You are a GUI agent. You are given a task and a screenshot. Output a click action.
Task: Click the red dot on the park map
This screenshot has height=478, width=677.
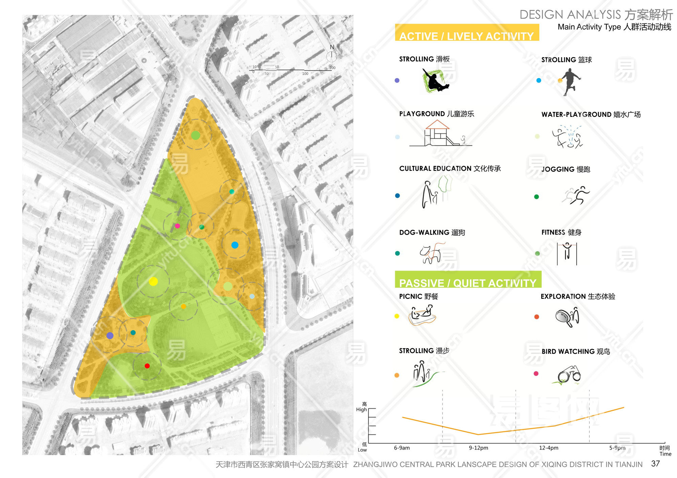click(147, 366)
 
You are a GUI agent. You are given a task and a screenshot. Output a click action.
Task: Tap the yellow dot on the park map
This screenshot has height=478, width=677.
click(153, 281)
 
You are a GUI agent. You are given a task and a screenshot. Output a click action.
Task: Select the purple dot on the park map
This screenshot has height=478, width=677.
click(110, 336)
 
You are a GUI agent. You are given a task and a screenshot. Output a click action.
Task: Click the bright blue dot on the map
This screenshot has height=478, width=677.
click(235, 245)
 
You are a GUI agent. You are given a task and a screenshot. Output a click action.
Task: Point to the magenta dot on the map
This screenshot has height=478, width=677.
click(177, 226)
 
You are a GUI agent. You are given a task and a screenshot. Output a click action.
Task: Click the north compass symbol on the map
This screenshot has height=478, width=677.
click(332, 54)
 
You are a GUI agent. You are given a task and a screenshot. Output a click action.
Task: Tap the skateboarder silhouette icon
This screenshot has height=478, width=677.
click(435, 80)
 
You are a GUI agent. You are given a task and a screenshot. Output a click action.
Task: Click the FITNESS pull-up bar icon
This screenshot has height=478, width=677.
click(567, 254)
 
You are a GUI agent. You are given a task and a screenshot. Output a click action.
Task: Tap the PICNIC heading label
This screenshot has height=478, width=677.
click(418, 296)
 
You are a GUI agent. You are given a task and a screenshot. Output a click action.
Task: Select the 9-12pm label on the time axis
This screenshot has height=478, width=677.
click(478, 448)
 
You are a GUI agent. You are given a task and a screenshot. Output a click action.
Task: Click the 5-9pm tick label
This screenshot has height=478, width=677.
click(617, 448)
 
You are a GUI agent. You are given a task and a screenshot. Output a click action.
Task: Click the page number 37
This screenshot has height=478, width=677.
click(655, 464)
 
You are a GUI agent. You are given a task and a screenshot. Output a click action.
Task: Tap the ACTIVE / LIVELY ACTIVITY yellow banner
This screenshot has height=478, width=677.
click(466, 33)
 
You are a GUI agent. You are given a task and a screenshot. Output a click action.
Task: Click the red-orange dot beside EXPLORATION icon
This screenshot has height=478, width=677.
click(537, 317)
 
